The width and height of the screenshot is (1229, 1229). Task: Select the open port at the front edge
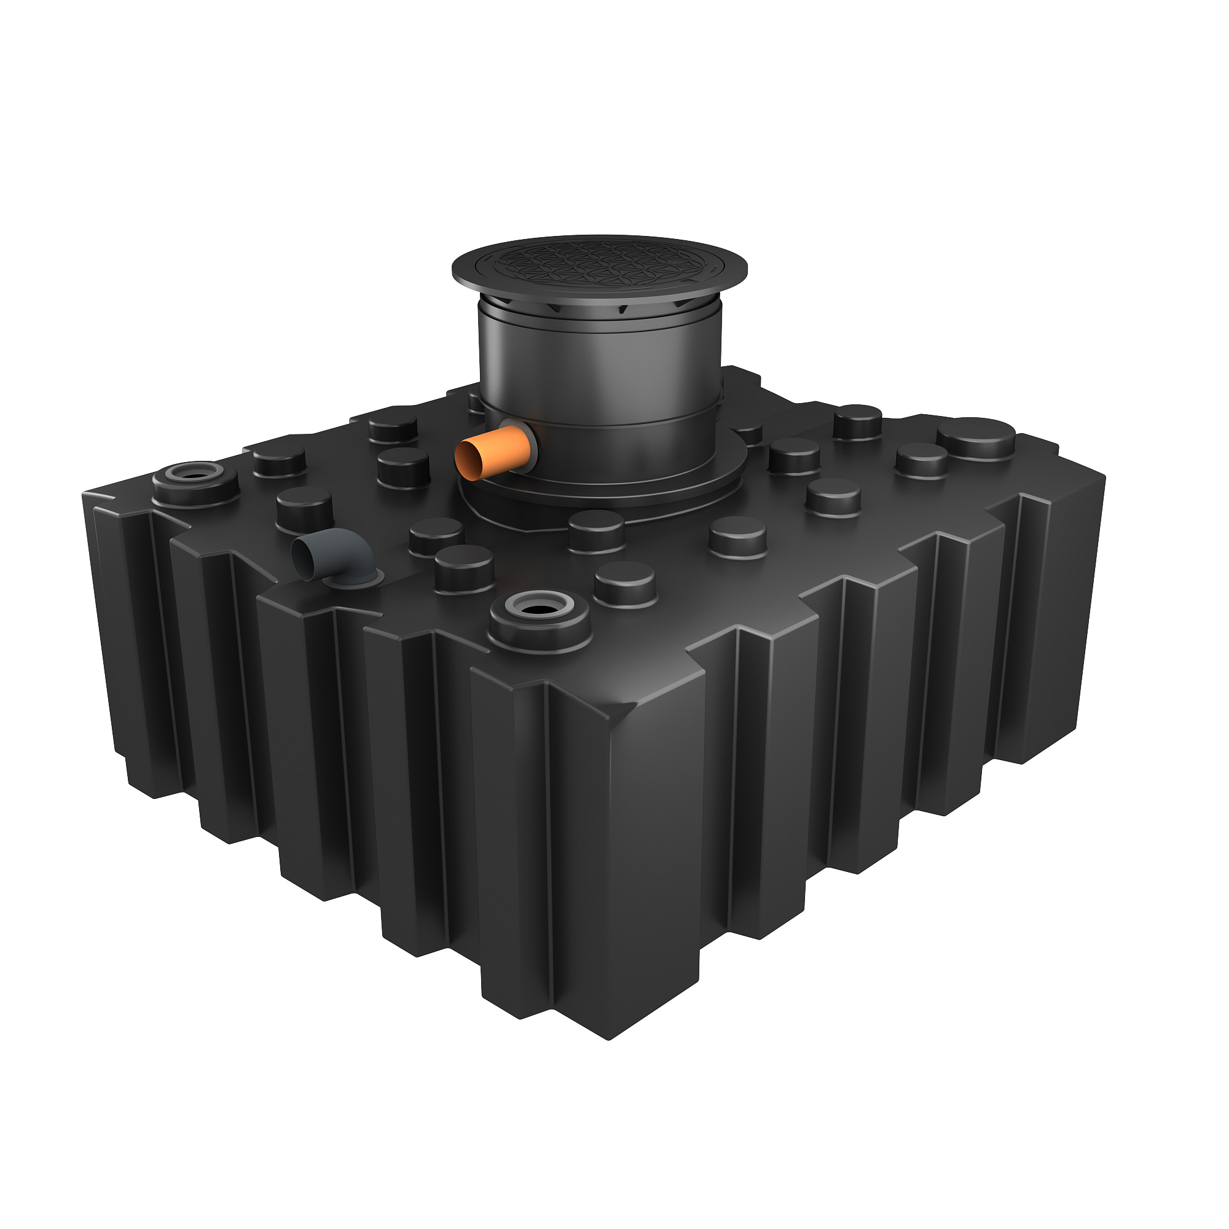pyautogui.click(x=541, y=609)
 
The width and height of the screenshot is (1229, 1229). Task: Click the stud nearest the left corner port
pyautogui.click(x=279, y=459)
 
